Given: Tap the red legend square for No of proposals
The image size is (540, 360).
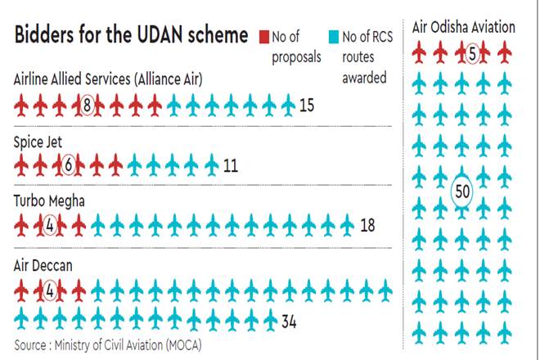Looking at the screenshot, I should pyautogui.click(x=263, y=36).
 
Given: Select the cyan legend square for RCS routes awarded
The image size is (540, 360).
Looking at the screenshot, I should pyautogui.click(x=332, y=36).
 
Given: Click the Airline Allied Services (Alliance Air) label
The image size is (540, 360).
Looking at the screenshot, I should pyautogui.click(x=109, y=79).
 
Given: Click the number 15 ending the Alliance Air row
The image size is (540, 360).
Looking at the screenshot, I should pyautogui.click(x=308, y=105).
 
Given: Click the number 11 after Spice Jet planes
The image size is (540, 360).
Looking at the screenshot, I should pyautogui.click(x=230, y=165).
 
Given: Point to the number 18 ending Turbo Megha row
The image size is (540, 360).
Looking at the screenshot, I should pyautogui.click(x=367, y=224).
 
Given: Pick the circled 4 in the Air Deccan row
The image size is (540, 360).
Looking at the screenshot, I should pyautogui.click(x=49, y=290).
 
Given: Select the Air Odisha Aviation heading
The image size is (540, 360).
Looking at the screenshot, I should pyautogui.click(x=465, y=27).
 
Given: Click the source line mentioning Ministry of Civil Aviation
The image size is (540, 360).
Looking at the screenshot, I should pyautogui.click(x=107, y=344).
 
